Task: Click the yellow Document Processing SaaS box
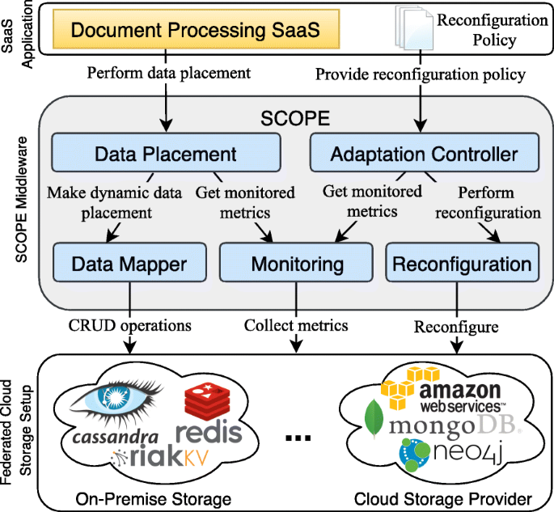pos(196,29)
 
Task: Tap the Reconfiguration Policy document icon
pos(414,28)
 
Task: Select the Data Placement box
pos(166,153)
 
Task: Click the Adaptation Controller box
pos(425,153)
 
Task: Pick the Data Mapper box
pos(129,262)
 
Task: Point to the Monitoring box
pos(296,262)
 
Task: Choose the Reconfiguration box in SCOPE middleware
pos(463,262)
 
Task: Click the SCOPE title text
pos(295,118)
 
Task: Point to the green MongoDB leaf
pos(374,419)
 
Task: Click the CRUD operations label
pos(129,325)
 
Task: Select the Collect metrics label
pos(296,325)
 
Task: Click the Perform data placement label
pos(169,73)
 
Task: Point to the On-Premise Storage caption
pos(154,499)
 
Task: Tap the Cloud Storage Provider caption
pos(443,499)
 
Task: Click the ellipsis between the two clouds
pos(298,438)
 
